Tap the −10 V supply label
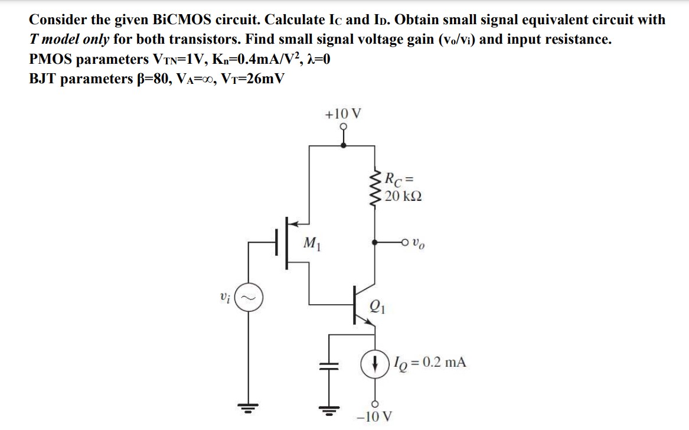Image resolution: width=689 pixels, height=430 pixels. coord(374,416)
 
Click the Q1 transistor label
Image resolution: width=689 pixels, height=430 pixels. coord(376,306)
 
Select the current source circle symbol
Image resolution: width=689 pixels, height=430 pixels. coord(373,362)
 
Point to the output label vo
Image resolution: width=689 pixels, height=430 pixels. coord(418,242)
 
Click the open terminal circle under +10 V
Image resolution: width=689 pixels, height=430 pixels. coord(344,126)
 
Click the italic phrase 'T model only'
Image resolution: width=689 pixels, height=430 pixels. coord(70,40)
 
